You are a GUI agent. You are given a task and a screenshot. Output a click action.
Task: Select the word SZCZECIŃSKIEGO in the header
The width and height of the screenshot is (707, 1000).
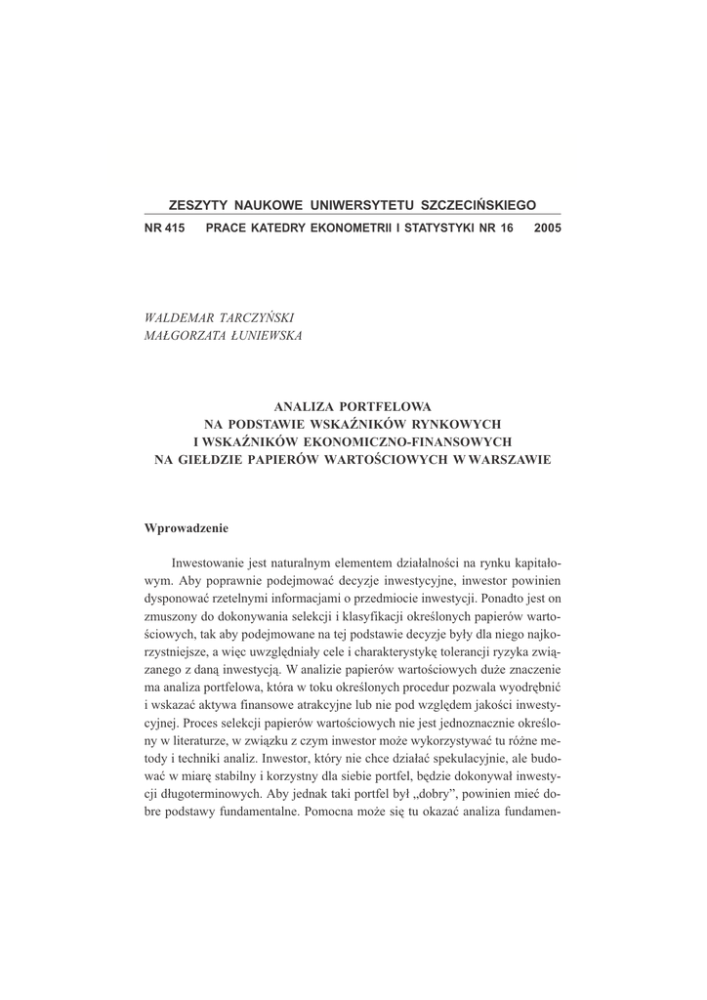478,206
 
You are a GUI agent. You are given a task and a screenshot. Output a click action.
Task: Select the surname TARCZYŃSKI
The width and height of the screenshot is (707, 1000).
260,318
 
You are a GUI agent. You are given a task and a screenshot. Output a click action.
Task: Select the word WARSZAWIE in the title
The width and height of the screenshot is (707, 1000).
510,459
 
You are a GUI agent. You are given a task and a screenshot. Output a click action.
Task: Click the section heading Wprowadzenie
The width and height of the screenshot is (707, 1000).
186,528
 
